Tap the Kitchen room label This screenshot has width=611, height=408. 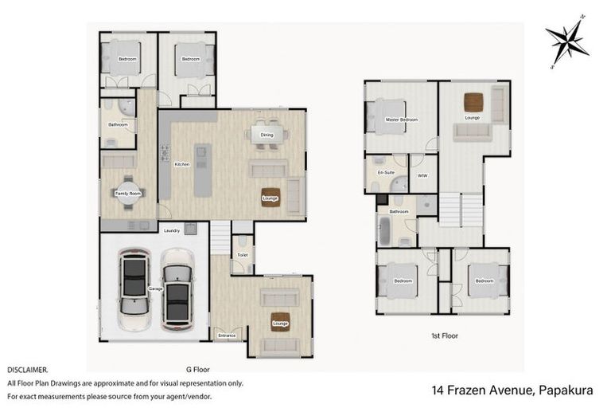(x=181, y=164)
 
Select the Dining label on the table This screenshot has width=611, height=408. (x=267, y=135)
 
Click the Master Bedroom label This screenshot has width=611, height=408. (x=401, y=120)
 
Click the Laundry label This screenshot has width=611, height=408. (x=172, y=231)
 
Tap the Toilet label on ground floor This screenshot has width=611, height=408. (x=243, y=254)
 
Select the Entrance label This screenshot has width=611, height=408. (x=227, y=335)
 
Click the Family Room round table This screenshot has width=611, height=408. (x=127, y=194)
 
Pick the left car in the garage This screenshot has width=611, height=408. (x=134, y=288)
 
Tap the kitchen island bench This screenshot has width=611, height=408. (x=204, y=171)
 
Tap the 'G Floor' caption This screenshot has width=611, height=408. (x=198, y=370)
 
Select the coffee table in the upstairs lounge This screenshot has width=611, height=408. (x=473, y=102)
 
